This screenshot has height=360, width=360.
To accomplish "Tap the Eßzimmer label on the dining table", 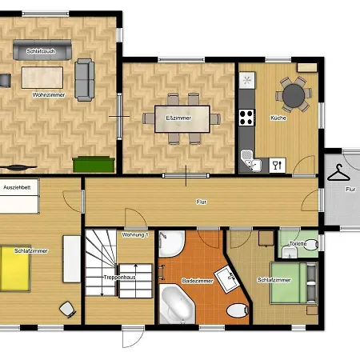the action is tap(178, 118).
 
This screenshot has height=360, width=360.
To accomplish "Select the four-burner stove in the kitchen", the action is tap(247, 118).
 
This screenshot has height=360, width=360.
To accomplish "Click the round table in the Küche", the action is tap(294, 95).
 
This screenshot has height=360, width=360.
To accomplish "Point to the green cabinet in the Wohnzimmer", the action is tap(94, 165).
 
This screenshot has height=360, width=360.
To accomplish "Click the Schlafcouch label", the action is tap(41, 51).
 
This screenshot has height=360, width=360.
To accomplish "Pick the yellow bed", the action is tap(15, 269).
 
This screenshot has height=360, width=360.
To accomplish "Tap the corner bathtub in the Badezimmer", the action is tap(177, 303).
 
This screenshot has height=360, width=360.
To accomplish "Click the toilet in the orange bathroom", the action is tap(238, 310).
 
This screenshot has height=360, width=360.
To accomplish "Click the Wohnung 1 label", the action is tap(135, 235).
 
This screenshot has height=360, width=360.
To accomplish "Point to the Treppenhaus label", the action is tap(120, 278).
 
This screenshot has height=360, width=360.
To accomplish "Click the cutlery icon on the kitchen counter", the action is tap(278, 166).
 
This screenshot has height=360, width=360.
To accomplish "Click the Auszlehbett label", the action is tap(17, 187).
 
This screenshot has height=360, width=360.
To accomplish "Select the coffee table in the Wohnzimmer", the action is tap(42, 78).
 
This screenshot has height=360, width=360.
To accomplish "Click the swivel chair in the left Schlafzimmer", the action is tap(67, 310).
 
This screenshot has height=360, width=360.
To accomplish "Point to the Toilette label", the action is tap(298, 243).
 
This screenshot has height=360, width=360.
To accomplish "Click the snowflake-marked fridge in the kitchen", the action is tap(247, 80).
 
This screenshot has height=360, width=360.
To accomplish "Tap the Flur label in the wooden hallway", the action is tap(202, 202).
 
